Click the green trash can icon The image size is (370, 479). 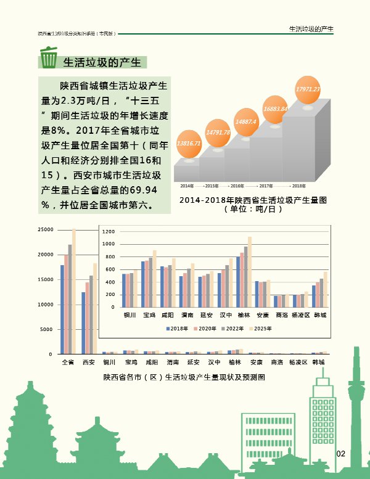click(x=47, y=59)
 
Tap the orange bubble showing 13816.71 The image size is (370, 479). click(x=189, y=143)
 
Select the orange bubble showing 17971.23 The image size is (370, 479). click(x=308, y=89)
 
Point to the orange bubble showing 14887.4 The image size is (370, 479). click(x=246, y=122)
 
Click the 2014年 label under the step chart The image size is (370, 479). click(x=186, y=186)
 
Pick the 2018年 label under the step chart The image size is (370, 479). click(x=299, y=186)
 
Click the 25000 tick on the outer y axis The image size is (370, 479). click(x=45, y=229)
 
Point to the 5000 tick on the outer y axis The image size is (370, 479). click(x=46, y=329)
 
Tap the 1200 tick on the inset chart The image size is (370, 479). click(x=109, y=232)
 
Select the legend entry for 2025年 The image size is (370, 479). click(x=261, y=329)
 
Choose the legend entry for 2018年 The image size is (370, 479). click(x=178, y=329)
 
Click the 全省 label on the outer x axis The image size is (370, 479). click(x=68, y=362)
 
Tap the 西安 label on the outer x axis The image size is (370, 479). click(x=89, y=362)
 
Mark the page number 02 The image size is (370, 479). click(x=340, y=454)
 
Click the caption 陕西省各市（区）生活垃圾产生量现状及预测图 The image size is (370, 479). click(x=184, y=377)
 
